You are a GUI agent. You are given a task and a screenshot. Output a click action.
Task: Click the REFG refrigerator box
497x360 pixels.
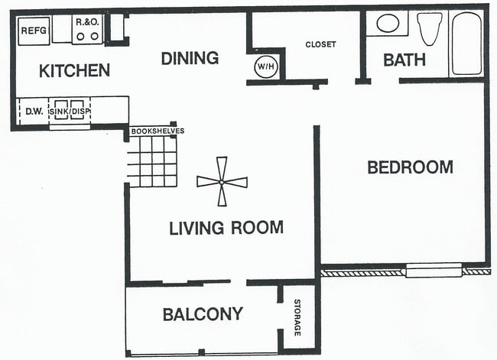click(34, 31)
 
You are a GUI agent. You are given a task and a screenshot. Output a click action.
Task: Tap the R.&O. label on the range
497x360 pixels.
click(87, 22)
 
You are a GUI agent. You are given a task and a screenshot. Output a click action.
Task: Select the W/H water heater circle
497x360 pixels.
click(266, 66)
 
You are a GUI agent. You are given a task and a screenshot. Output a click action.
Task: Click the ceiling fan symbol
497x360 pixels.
click(222, 182)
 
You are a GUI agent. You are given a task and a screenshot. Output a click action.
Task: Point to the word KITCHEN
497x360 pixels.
click(74, 70)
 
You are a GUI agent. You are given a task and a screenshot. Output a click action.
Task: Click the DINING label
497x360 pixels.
click(190, 58)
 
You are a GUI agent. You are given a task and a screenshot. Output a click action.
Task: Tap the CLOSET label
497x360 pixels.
click(320, 44)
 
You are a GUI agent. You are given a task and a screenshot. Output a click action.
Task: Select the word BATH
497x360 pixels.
click(404, 60)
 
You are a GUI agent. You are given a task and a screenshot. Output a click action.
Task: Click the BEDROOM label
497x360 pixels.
click(410, 167)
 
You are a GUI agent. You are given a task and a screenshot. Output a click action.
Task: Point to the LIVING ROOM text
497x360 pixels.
click(226, 228)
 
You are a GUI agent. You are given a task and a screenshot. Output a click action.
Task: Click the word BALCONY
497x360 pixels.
click(203, 314)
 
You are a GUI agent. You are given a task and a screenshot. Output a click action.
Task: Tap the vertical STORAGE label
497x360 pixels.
click(297, 317)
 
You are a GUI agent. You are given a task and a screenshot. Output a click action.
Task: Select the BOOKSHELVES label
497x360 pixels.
click(158, 131)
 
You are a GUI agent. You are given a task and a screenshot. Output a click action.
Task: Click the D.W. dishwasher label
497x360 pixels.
click(34, 112)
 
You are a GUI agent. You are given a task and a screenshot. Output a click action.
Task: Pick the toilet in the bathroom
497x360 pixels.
click(430, 29)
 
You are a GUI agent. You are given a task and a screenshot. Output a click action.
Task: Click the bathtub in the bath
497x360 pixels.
click(466, 44)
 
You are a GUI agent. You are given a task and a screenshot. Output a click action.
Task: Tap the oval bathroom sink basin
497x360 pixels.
click(388, 23)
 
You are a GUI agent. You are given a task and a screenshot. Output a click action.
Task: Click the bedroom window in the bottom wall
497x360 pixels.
click(434, 271)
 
